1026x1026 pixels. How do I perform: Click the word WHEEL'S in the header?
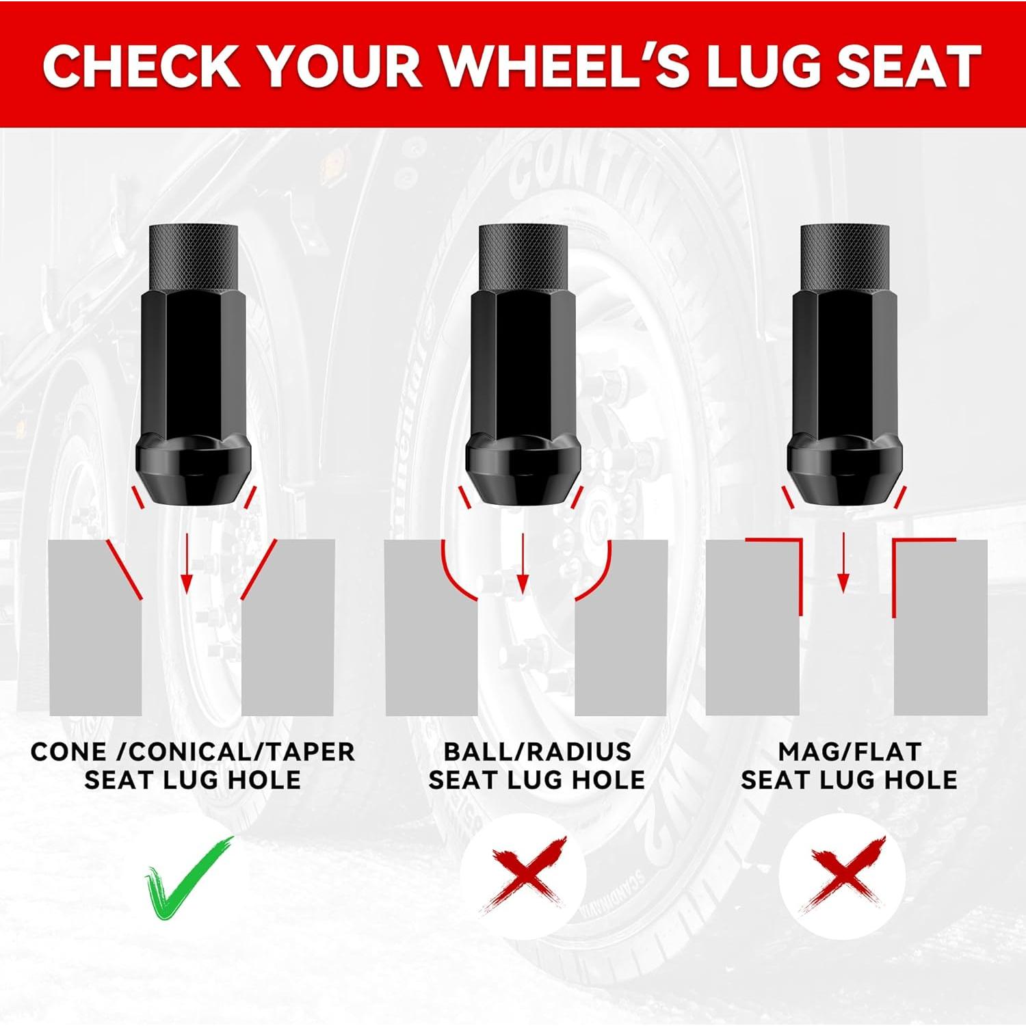pyautogui.click(x=566, y=66)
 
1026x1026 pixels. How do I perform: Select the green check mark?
pyautogui.click(x=189, y=878)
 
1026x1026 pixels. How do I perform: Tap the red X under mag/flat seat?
pyautogui.click(x=844, y=876)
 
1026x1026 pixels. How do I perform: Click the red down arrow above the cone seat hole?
pyautogui.click(x=187, y=562)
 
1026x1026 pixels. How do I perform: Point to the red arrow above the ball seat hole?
pyautogui.click(x=523, y=562)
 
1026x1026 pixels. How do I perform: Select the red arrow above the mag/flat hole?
pyautogui.click(x=844, y=562)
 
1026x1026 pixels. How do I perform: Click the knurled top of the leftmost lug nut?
pyautogui.click(x=194, y=258)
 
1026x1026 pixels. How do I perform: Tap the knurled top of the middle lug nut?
pyautogui.click(x=523, y=258)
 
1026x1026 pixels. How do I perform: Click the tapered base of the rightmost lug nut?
pyautogui.click(x=845, y=471)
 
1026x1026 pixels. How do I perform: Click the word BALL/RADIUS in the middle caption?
pyautogui.click(x=537, y=752)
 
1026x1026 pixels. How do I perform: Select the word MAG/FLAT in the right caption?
pyautogui.click(x=850, y=752)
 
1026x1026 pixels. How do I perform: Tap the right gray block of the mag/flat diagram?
pyautogui.click(x=941, y=628)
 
